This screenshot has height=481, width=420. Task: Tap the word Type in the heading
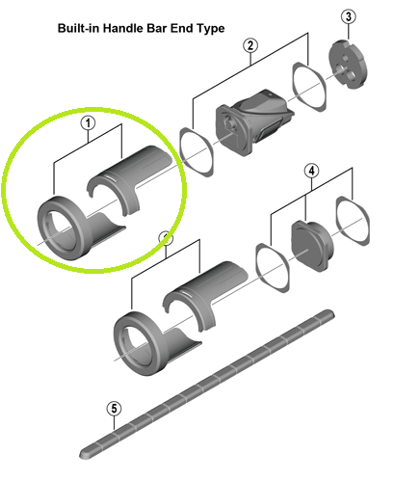click(x=211, y=29)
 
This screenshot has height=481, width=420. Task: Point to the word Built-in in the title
click(x=79, y=28)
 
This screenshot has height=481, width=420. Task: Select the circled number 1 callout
click(x=88, y=123)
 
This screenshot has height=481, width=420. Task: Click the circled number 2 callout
click(x=250, y=45)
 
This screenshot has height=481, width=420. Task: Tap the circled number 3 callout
click(x=349, y=16)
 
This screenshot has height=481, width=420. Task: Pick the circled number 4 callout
click(x=312, y=171)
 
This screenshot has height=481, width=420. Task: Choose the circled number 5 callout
click(x=114, y=409)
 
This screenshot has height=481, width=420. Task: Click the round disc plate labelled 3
click(x=348, y=65)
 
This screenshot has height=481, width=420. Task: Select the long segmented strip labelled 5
click(x=207, y=384)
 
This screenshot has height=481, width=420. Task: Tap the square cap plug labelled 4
click(x=312, y=245)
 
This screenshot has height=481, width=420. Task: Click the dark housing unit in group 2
click(x=253, y=121)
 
